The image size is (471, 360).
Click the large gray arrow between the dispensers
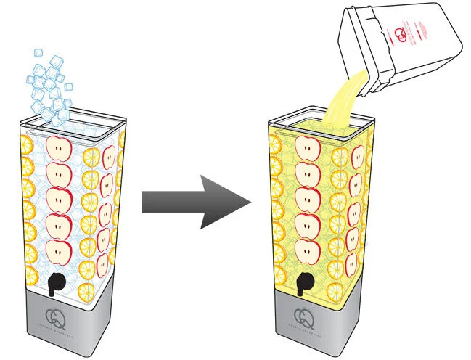194,201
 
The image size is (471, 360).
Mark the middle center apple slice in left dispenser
58,200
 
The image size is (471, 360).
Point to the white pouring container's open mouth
359,69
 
